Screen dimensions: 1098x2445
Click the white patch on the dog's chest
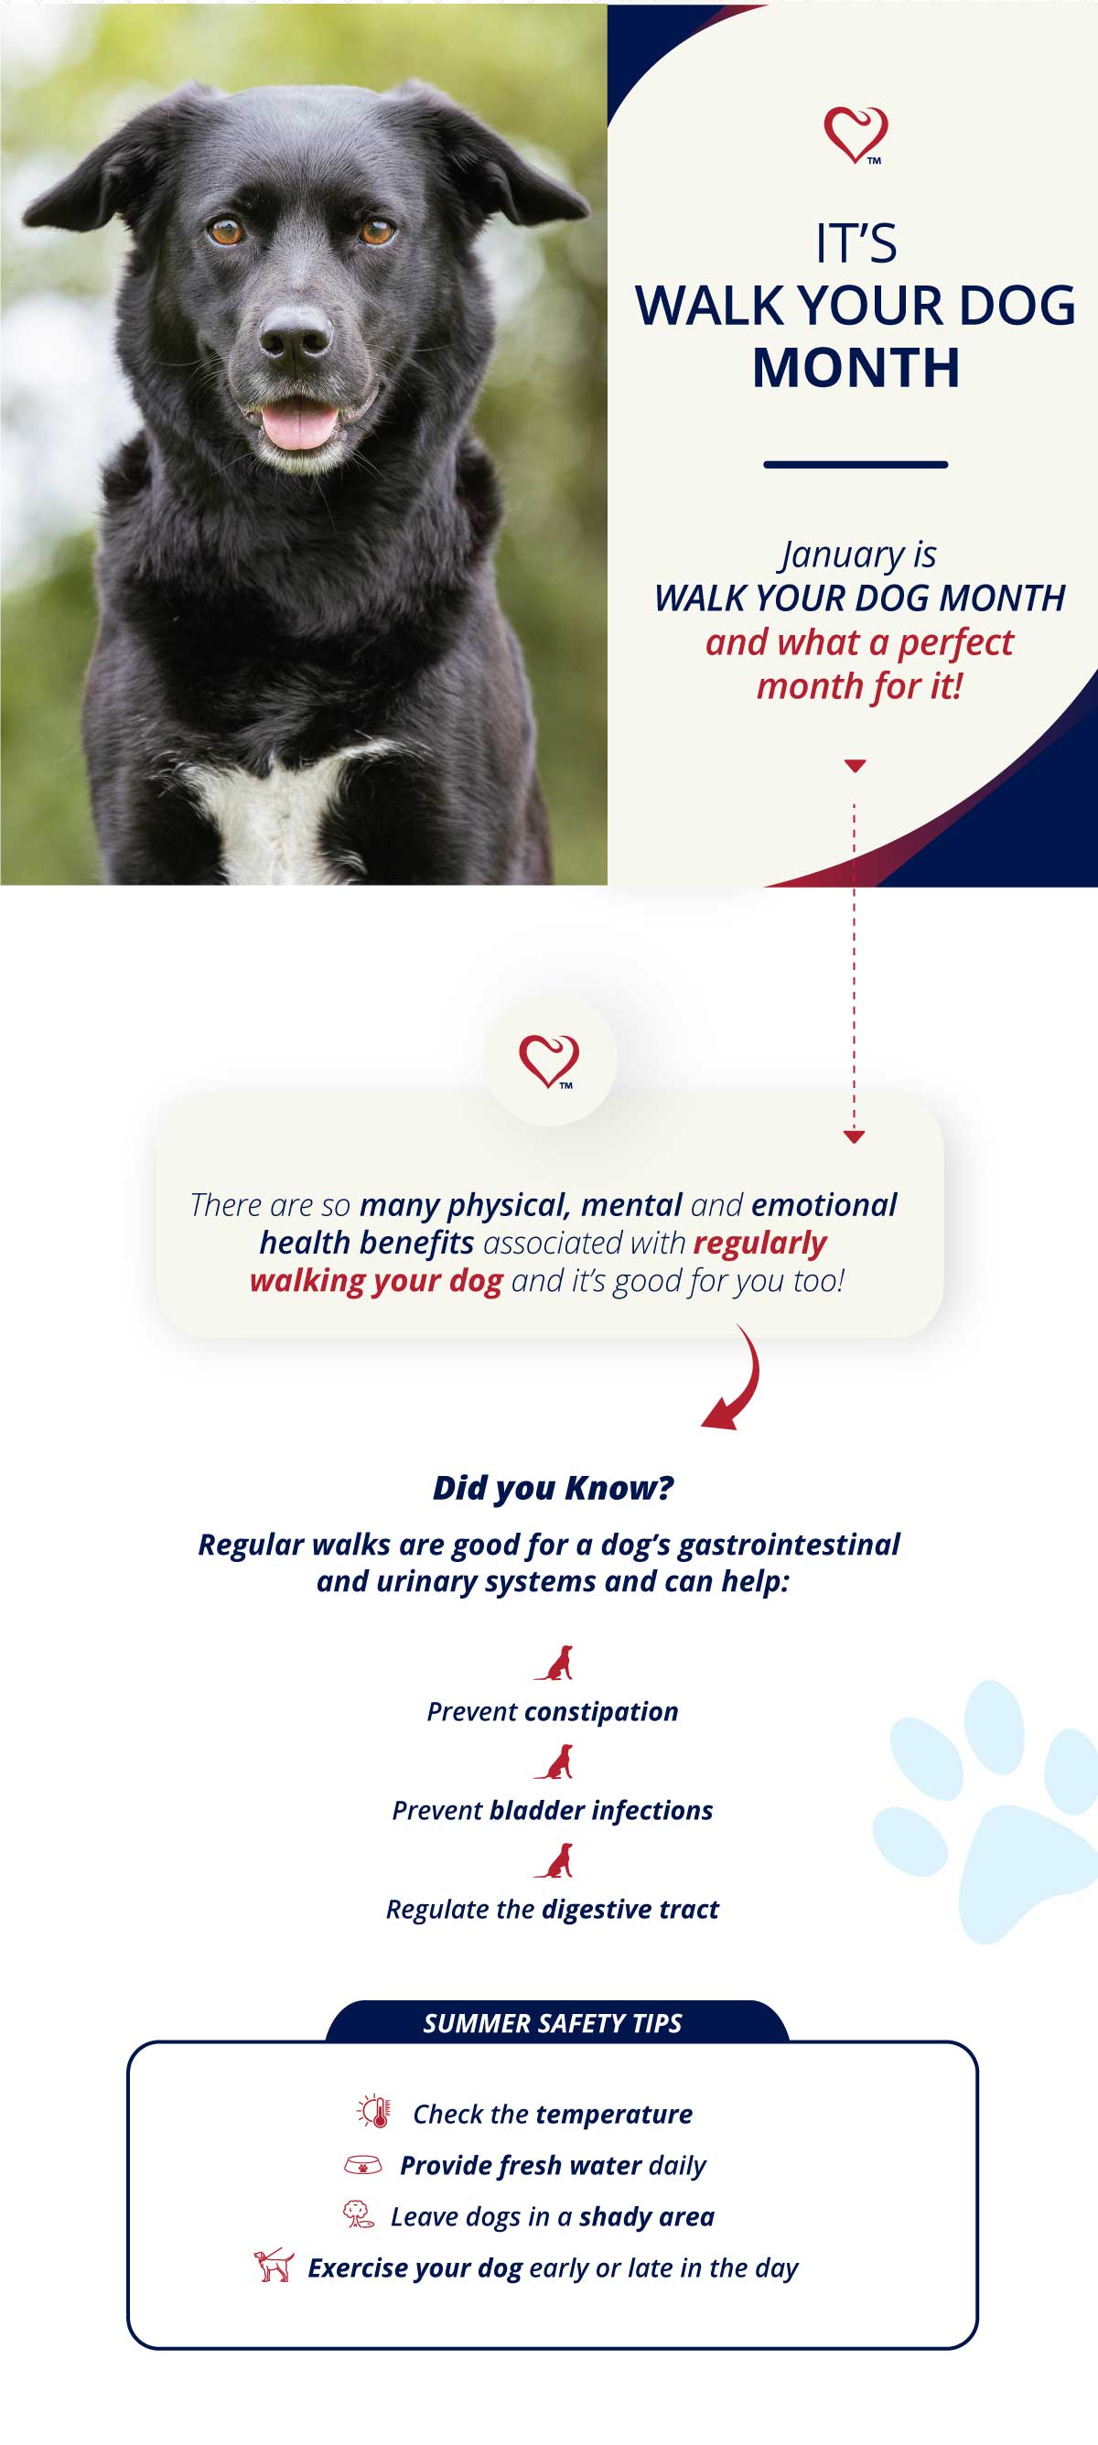pyautogui.click(x=275, y=807)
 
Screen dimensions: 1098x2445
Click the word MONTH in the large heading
pyautogui.click(x=856, y=367)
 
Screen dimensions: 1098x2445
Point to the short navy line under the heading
pyautogui.click(x=856, y=464)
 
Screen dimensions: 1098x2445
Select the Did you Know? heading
pyautogui.click(x=553, y=1487)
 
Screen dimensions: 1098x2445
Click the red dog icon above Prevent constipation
pyautogui.click(x=554, y=1663)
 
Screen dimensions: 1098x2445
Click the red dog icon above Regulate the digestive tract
pyautogui.click(x=554, y=1860)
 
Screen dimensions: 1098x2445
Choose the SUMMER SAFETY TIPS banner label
pyautogui.click(x=553, y=2022)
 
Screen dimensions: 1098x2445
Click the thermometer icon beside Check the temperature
pyautogui.click(x=374, y=2111)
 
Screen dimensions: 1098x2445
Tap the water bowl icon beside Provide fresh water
pyautogui.click(x=362, y=2164)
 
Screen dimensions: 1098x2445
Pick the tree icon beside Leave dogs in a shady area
pyautogui.click(x=358, y=2214)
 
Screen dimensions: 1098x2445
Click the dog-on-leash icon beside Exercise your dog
pyautogui.click(x=274, y=2265)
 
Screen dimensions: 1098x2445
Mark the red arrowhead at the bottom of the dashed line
pyautogui.click(x=854, y=1136)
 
